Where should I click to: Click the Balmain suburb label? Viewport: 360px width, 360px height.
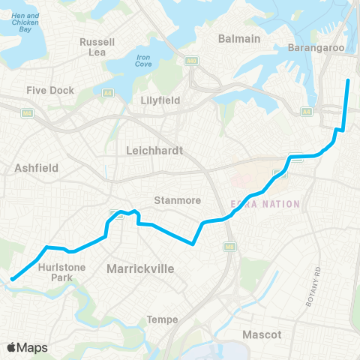coord(238,38)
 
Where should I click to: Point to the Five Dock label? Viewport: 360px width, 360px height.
coord(50,90)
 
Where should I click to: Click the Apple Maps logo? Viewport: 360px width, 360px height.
coord(28,347)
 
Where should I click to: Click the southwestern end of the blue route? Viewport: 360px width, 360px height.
coord(12,280)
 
